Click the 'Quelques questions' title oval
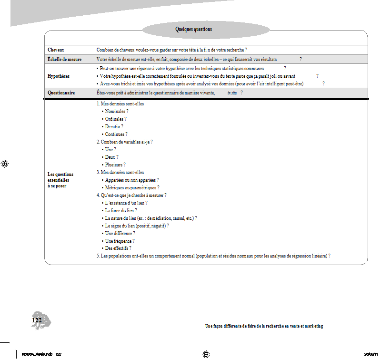coord(193,30)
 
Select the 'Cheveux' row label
coord(56,50)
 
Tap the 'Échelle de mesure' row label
coord(64,60)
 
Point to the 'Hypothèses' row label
coord(59,76)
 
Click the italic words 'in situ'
coord(232,93)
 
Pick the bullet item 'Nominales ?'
coord(117,111)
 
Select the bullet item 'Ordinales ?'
coord(116,119)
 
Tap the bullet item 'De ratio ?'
coord(114,126)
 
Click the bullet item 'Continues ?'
coord(116,134)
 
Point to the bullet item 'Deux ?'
coord(111,157)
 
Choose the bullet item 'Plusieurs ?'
coord(115,165)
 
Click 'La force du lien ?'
coord(121,210)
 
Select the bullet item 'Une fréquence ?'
coord(121,241)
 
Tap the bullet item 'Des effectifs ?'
coord(118,248)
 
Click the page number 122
coord(37,320)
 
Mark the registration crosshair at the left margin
coord(5,164)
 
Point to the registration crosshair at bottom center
coord(206,354)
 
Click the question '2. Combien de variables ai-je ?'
coord(124,142)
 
